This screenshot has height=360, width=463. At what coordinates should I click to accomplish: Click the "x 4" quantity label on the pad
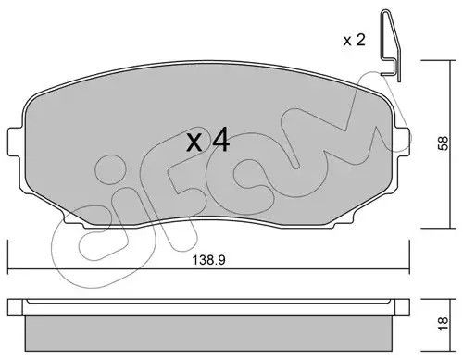click(x=207, y=142)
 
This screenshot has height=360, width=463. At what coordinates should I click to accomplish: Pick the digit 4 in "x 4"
click(x=220, y=142)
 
